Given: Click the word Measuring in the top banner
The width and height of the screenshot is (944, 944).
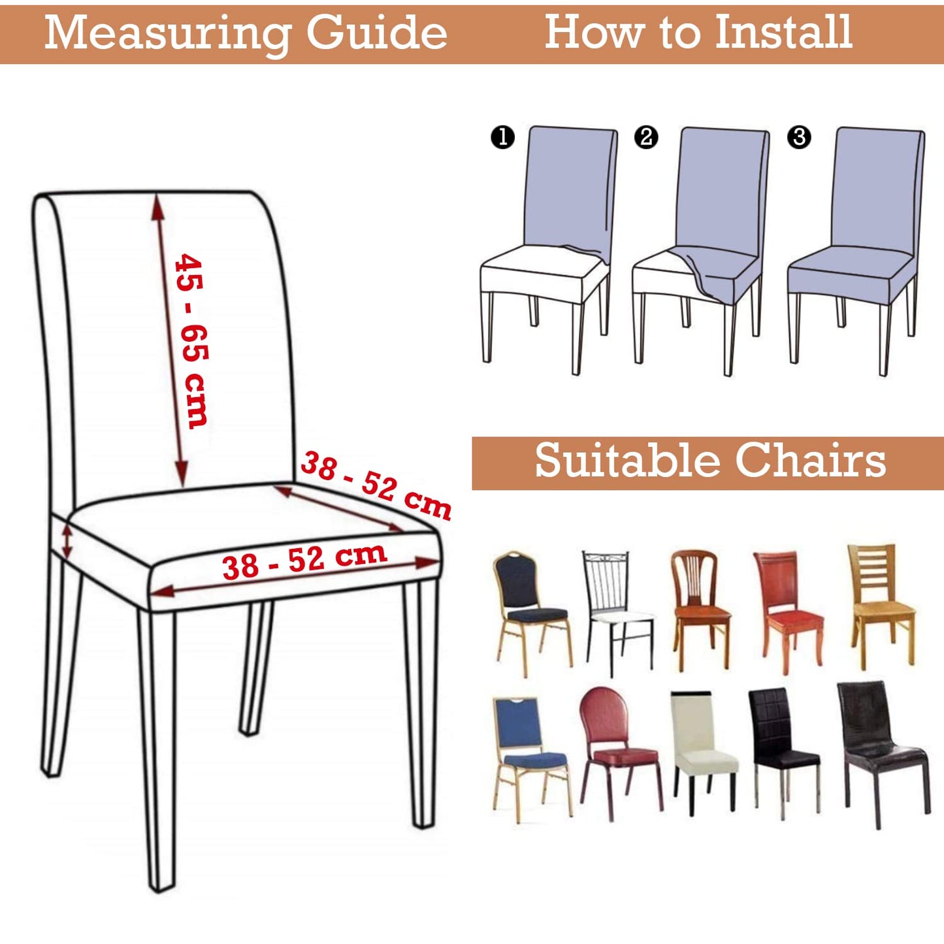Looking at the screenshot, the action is (166, 34).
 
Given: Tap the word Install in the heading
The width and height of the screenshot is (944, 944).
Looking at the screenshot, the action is (784, 31).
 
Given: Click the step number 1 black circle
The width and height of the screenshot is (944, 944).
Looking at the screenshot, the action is (502, 137).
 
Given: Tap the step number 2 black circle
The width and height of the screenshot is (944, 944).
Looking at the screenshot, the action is (646, 137).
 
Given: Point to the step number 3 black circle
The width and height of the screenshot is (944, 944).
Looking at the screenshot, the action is (798, 137).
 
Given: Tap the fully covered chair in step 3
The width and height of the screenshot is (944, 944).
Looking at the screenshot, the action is (856, 250).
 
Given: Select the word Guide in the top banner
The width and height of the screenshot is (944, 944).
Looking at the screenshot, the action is (377, 34).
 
